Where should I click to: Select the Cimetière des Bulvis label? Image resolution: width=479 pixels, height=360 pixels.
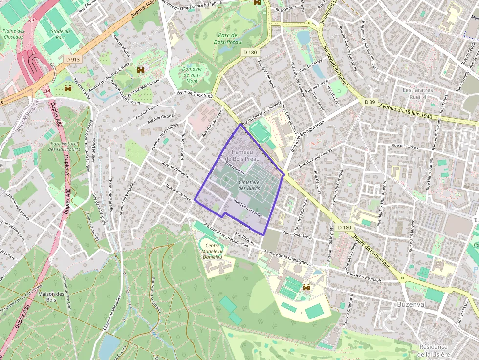(x=249, y=185)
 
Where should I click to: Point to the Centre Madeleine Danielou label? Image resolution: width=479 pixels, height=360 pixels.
(x=213, y=251)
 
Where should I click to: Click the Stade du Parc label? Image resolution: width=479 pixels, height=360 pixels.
(x=61, y=35)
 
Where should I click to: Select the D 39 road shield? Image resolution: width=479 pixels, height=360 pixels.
(x=370, y=102)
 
